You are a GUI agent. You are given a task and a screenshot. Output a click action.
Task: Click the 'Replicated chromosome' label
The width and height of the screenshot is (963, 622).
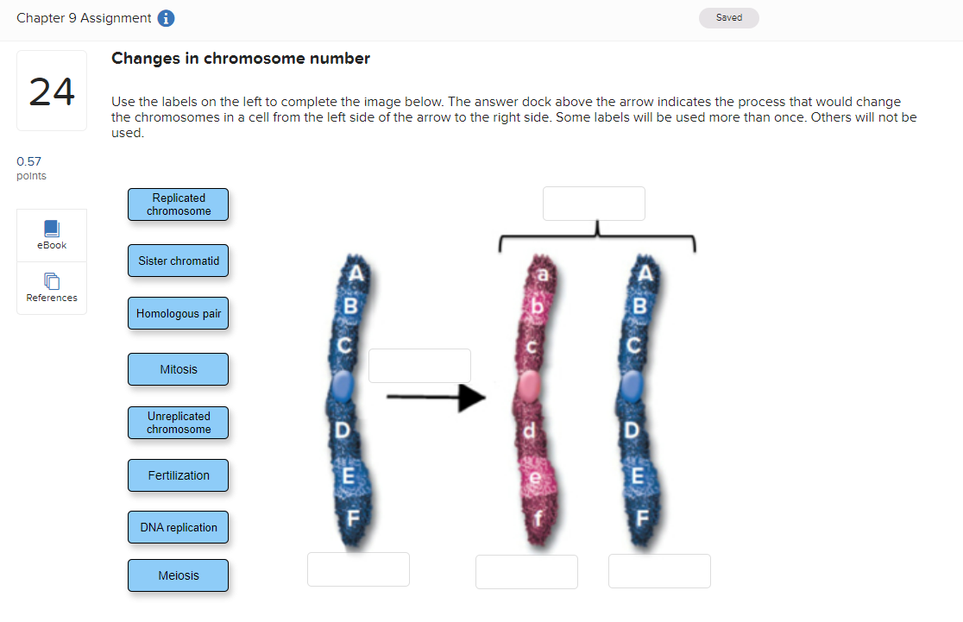point(178,204)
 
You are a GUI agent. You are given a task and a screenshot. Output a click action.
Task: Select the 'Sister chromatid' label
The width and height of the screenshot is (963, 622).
point(178,261)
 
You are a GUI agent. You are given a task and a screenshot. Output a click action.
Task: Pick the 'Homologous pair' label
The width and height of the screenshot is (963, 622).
point(178,314)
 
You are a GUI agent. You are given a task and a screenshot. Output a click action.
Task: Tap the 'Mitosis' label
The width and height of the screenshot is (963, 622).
point(178,369)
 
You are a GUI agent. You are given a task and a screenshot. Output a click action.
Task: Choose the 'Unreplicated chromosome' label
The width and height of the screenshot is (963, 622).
point(178,423)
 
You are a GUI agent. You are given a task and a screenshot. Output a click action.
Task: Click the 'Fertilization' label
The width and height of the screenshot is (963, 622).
point(178,475)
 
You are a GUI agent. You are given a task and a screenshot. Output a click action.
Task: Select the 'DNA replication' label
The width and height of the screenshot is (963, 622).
point(178,527)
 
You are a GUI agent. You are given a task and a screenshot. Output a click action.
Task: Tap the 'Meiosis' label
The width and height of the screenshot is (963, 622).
point(178,575)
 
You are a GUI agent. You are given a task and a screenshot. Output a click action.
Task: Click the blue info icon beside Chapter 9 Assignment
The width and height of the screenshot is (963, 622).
point(166,19)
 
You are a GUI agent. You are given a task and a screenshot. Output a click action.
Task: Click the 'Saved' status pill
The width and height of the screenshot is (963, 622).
point(728,18)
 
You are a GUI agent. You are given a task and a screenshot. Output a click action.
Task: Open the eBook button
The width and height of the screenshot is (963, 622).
point(52,235)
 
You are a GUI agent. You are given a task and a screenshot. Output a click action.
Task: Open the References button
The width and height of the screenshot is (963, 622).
point(52,288)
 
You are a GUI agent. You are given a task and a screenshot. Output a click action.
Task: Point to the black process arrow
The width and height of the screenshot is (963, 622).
point(436,398)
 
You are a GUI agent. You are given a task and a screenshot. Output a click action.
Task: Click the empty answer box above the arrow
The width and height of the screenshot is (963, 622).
point(419,366)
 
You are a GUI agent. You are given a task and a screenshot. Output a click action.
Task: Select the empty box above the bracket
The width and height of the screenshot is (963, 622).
point(594,204)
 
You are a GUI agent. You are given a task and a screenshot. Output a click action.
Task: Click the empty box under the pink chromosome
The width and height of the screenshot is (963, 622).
point(526,572)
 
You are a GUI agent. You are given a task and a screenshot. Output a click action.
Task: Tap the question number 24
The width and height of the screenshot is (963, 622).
point(52,91)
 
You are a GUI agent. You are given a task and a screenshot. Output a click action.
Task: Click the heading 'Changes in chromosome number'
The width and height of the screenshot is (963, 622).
point(241,59)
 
